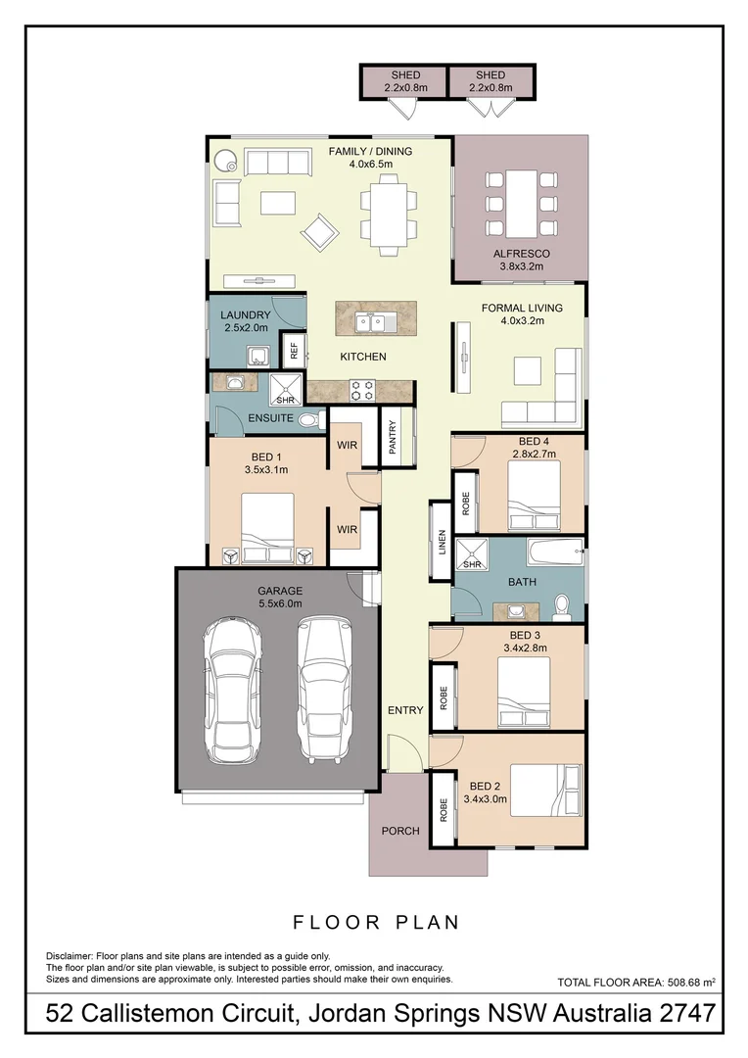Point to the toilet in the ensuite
click(x=308, y=421)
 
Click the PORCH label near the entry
click(x=400, y=831)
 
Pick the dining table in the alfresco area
click(x=521, y=204)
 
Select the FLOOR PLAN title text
click(x=376, y=922)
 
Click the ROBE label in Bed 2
click(x=444, y=809)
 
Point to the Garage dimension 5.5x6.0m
click(x=280, y=604)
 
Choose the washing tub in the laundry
click(x=259, y=357)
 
